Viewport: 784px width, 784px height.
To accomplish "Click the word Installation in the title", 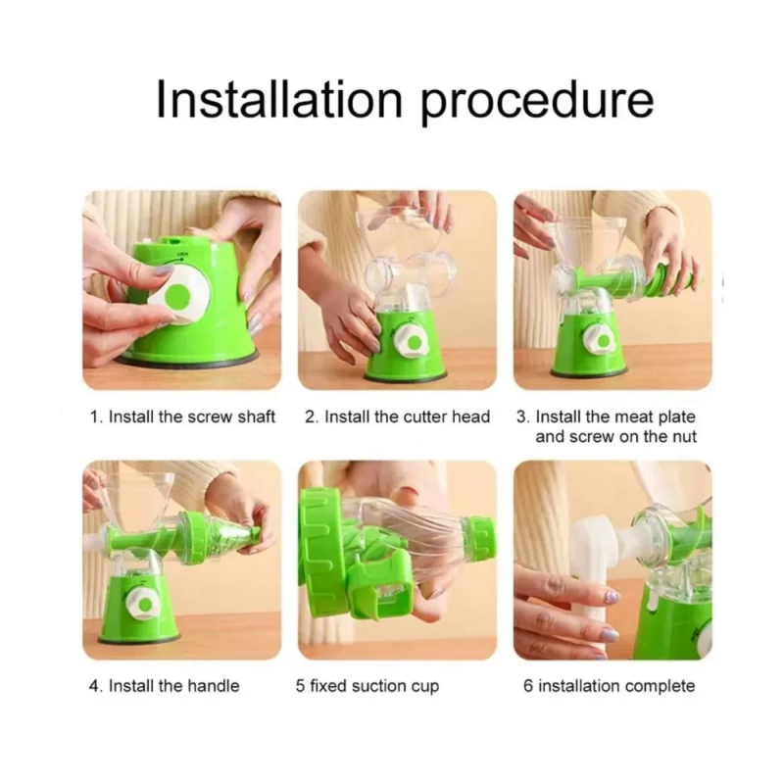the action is pos(279,99).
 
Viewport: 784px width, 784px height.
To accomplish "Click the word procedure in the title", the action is pos(536,104).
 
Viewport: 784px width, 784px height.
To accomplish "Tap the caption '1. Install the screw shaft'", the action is pos(182,416).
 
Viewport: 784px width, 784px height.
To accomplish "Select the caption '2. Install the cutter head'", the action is pos(398,416).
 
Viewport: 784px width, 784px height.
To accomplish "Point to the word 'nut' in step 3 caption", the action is pos(684,436).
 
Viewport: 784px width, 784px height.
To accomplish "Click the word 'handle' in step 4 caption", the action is pos(211,685).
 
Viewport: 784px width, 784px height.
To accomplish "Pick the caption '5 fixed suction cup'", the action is pos(367,686).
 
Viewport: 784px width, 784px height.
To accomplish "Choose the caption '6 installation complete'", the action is pos(609,686).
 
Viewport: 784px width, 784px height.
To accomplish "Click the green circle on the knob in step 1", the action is pos(178,296).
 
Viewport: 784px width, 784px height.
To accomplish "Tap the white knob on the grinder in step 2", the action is pos(411,341).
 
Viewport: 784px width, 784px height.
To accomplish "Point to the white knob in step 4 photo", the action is pos(142,604).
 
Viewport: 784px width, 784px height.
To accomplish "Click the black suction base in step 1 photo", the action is pos(187,359).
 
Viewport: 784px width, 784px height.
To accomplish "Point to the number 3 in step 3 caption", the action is pos(521,416).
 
